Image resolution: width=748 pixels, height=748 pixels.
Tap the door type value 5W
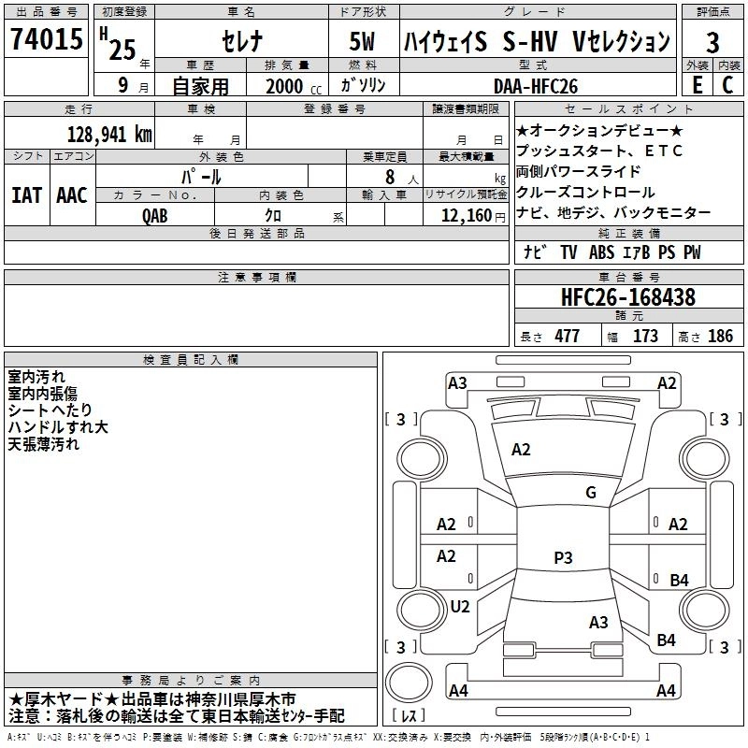coord(363,43)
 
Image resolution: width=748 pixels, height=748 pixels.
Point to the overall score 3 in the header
coord(712,43)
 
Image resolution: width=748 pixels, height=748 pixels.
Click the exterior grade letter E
coord(697,84)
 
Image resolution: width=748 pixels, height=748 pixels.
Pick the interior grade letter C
coord(727,84)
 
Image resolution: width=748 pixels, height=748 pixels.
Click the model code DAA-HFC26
coord(536,86)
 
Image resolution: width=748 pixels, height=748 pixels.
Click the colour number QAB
coord(155,215)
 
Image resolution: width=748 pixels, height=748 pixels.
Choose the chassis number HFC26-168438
coord(627,298)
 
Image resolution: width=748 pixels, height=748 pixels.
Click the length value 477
coord(564,336)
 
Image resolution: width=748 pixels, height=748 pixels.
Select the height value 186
coord(720,336)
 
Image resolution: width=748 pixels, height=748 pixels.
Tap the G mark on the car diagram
coord(590,493)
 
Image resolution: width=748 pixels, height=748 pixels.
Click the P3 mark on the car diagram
coord(562,558)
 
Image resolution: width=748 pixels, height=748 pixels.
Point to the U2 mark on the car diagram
coord(459,607)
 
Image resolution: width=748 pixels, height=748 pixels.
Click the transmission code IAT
coord(26,195)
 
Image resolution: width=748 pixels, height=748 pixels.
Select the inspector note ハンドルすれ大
coord(57,427)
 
